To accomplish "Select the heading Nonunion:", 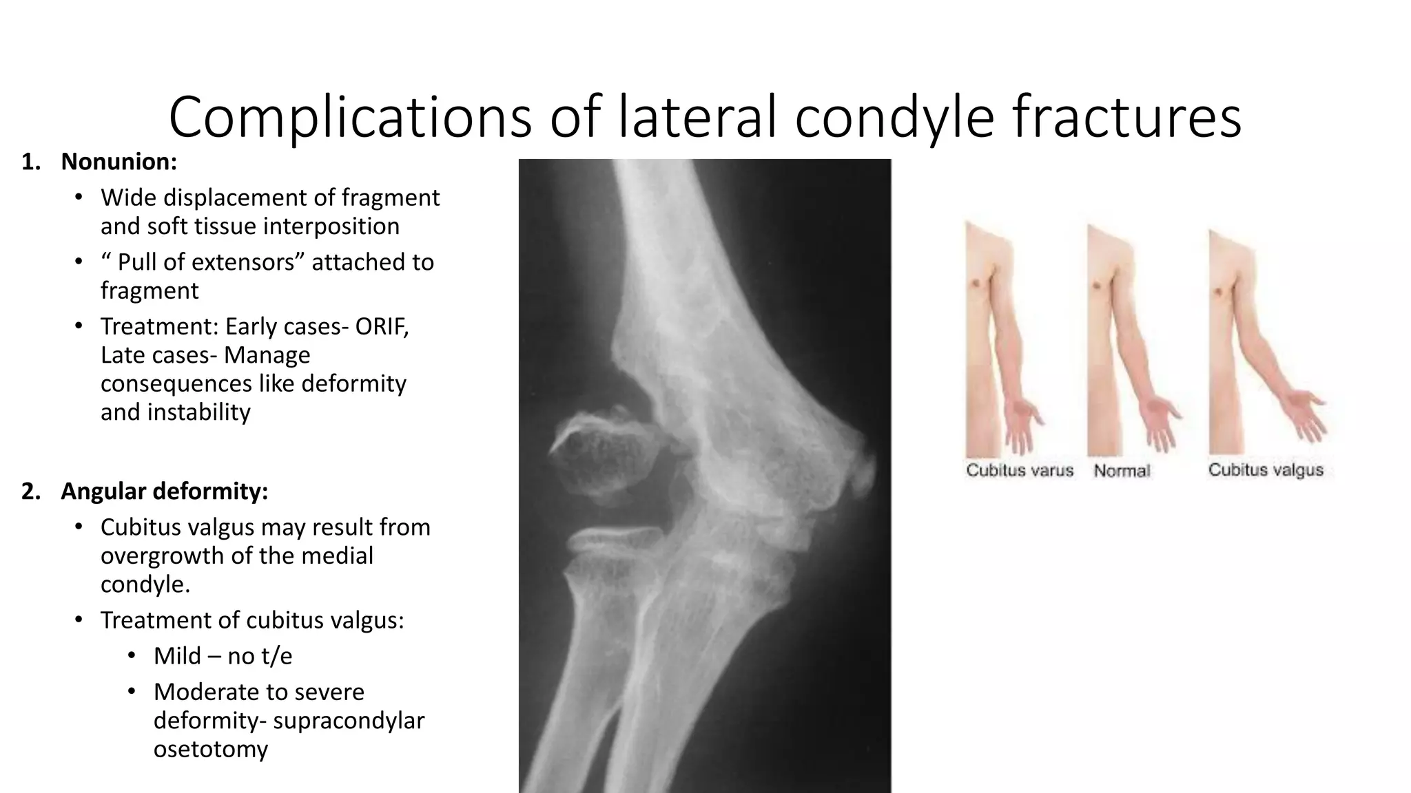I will [x=119, y=162].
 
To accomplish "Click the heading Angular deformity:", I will [x=164, y=491].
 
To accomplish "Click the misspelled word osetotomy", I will [x=210, y=749].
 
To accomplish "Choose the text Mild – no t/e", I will [x=223, y=656].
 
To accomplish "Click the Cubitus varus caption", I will [x=1019, y=471].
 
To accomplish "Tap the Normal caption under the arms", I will [x=1122, y=472].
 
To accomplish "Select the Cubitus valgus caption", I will [x=1266, y=470].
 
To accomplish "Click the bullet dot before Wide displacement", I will [x=79, y=198].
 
